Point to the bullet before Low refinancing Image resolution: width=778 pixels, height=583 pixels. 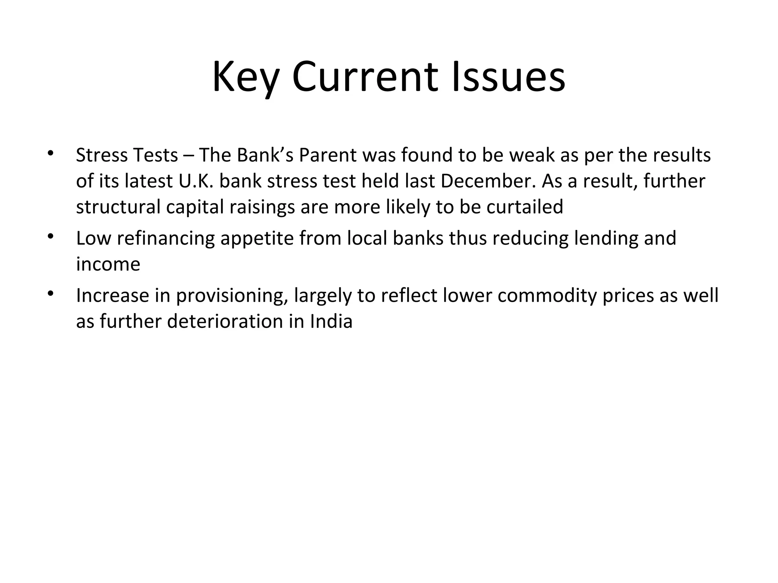[50, 237]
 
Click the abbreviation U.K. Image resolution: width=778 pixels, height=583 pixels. [196, 181]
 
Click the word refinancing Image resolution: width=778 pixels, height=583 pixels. [166, 239]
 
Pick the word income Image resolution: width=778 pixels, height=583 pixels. [108, 264]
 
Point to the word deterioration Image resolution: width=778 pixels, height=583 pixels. [225, 321]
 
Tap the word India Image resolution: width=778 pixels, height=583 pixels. [331, 321]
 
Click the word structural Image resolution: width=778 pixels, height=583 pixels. [118, 207]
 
